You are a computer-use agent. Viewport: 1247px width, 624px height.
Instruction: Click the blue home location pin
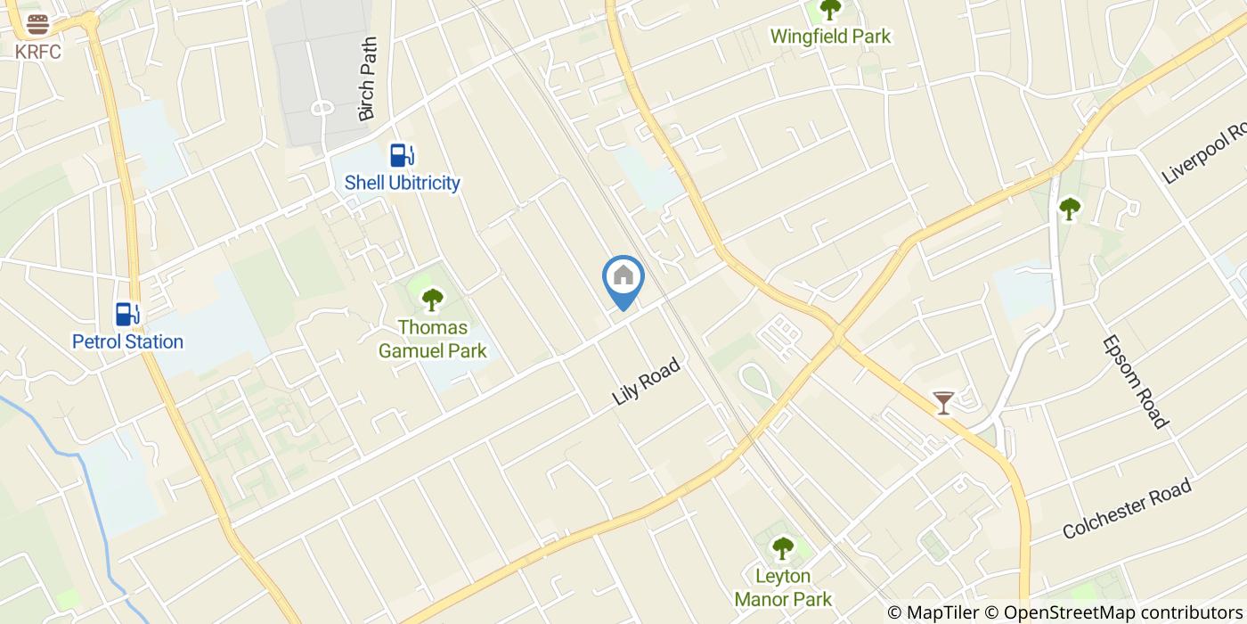coord(623,278)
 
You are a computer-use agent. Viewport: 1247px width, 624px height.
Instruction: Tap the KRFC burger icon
coord(37,24)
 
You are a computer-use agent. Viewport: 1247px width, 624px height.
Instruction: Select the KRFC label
coord(37,52)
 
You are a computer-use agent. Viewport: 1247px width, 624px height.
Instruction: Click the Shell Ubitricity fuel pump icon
coord(402,155)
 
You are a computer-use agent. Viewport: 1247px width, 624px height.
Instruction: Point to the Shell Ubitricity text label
coord(402,183)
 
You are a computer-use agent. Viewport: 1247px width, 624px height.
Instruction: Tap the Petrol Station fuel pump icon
coord(127,314)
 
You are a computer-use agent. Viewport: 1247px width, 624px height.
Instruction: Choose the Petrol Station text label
coord(127,341)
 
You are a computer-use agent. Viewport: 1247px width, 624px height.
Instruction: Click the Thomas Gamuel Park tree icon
coord(432,300)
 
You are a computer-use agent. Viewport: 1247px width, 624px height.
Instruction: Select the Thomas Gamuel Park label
coord(432,340)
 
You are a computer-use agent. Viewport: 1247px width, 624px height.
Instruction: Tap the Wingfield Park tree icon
coord(830,10)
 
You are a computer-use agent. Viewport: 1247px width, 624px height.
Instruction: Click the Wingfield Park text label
coord(830,37)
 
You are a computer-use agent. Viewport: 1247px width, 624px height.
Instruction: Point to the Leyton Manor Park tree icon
coord(782,548)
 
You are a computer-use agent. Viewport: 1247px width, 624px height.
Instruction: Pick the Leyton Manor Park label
coord(782,587)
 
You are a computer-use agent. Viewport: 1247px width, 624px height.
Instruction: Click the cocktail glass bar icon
coord(942,403)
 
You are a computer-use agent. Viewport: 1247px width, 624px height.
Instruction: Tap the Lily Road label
coord(647,382)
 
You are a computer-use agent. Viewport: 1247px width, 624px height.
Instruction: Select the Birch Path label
coord(368,78)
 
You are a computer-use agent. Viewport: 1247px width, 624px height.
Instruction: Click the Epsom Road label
coord(1134,382)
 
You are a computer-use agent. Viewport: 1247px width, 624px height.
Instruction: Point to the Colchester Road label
coord(1127,509)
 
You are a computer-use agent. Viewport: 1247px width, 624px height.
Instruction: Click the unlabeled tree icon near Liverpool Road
coord(1069,209)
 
